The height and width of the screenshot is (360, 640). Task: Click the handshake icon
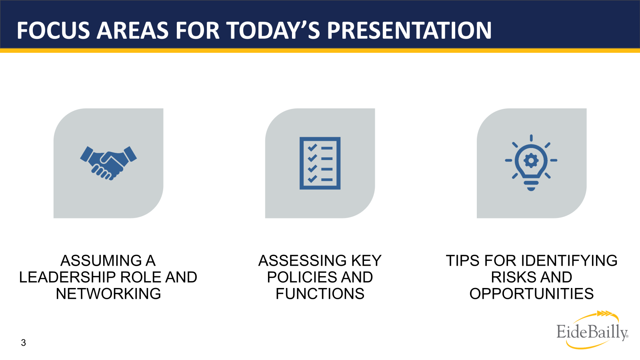click(x=108, y=163)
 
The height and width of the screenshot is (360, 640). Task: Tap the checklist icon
click(x=320, y=163)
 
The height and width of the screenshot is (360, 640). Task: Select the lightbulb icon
click(x=531, y=162)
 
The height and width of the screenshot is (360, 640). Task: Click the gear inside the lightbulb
click(x=531, y=160)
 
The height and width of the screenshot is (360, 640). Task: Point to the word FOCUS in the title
click(x=53, y=30)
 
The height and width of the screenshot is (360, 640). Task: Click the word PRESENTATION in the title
click(x=409, y=30)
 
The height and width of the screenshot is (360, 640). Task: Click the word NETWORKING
click(x=108, y=294)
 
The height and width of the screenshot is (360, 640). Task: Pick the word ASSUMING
click(x=101, y=260)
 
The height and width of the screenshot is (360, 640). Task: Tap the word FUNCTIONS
click(x=320, y=294)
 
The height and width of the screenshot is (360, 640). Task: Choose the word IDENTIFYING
click(x=569, y=260)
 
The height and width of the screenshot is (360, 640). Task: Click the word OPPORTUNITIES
click(x=532, y=294)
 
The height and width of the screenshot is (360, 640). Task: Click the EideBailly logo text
click(x=592, y=332)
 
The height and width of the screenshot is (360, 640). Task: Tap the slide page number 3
click(x=24, y=342)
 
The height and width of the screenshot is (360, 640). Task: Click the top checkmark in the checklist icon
click(x=312, y=148)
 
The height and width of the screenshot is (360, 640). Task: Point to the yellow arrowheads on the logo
click(x=604, y=314)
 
